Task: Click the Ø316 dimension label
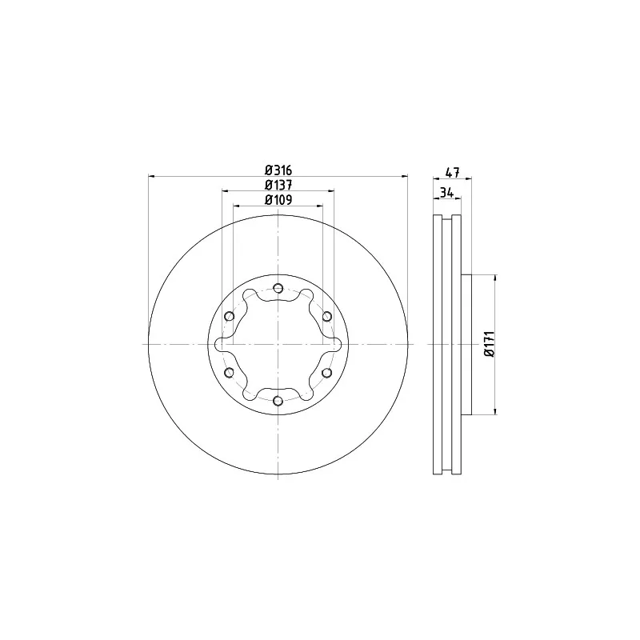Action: pos(278,170)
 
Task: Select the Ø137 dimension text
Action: pos(278,185)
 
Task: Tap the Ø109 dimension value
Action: pos(278,199)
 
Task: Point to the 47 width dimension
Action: pos(452,172)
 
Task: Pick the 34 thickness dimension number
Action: pos(447,193)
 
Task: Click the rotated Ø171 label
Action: pos(490,344)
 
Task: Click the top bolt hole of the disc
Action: pos(278,288)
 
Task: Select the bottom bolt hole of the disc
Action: pos(278,401)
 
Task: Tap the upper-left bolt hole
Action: pos(230,316)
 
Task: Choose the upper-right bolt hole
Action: pos(327,316)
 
